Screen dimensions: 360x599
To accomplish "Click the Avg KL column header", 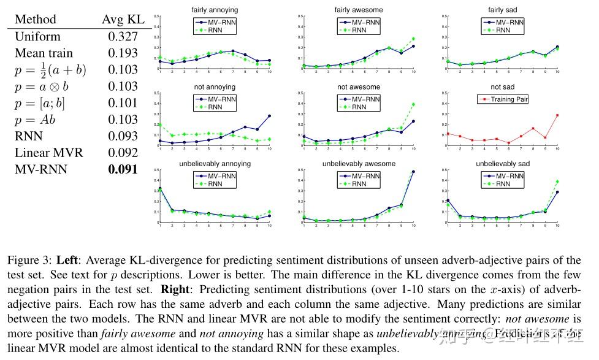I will [x=123, y=19].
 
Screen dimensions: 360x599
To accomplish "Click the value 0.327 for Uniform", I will [x=123, y=36].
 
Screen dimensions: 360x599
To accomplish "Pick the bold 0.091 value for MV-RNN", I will [x=123, y=169].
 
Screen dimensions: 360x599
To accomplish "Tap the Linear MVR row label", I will [x=49, y=153].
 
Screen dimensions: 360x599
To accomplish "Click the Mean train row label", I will [x=44, y=53].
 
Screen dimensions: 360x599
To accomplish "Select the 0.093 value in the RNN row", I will [x=123, y=136].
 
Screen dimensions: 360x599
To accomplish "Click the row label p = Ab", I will [x=35, y=120].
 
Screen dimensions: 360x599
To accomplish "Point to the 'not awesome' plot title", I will [x=359, y=87].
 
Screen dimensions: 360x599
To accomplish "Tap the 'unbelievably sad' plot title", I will [x=501, y=164].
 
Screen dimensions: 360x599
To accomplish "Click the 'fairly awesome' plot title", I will [x=359, y=10].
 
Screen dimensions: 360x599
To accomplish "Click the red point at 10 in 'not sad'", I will [x=557, y=115].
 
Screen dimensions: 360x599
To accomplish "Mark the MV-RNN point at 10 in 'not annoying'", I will [x=269, y=116].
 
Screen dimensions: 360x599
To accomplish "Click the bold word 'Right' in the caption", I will [x=176, y=288].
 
